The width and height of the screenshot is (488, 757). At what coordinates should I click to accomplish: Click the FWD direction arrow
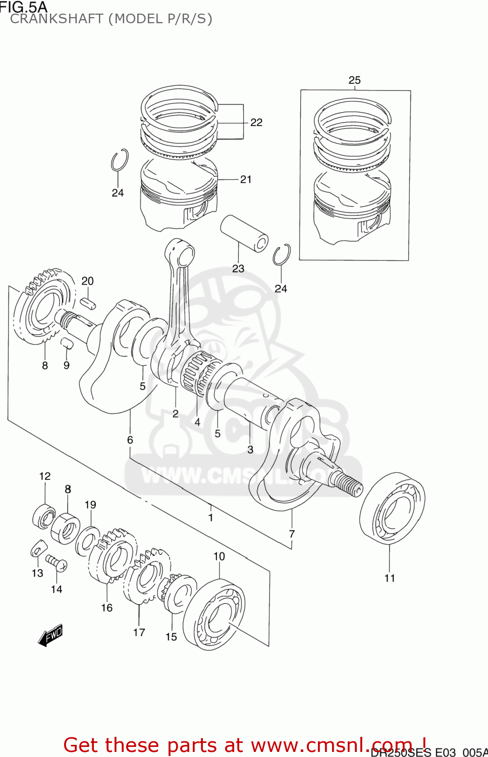[x=50, y=635]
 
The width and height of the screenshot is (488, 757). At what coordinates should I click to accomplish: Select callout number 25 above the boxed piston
[x=354, y=80]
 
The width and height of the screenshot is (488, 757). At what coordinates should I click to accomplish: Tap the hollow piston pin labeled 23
[x=244, y=233]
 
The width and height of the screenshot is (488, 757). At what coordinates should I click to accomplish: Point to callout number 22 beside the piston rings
[x=256, y=122]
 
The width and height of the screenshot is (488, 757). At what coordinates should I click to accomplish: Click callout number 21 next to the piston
[x=246, y=179]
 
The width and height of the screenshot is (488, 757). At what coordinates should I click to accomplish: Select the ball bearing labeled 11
[x=392, y=508]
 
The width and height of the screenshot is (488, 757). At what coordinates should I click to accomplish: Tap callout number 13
[x=37, y=573]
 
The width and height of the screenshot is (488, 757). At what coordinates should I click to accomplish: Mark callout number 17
[x=139, y=632]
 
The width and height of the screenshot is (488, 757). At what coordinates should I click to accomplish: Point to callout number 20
[x=87, y=281]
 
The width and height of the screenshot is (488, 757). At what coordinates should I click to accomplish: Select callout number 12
[x=45, y=476]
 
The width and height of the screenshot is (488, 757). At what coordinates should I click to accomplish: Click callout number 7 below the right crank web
[x=292, y=534]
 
